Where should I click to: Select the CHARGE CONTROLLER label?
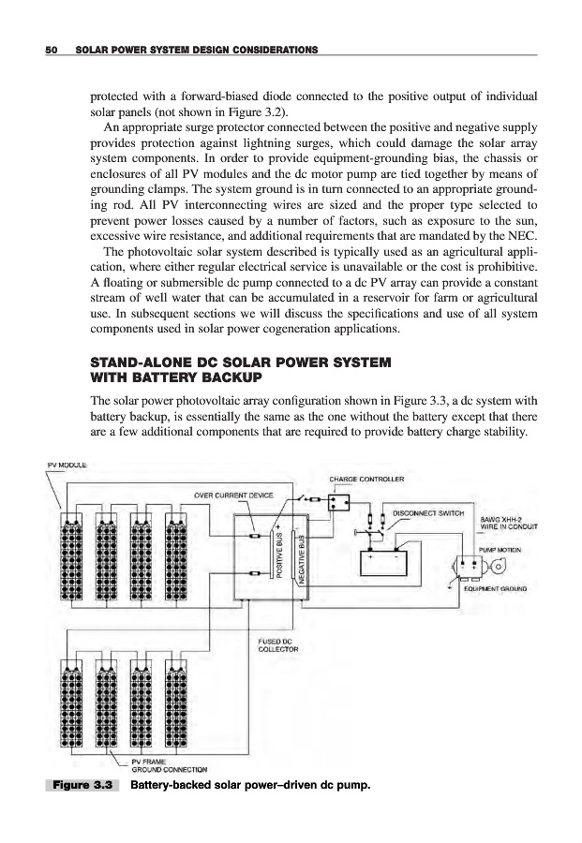tap(366, 480)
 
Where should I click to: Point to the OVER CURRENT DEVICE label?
tap(233, 495)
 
